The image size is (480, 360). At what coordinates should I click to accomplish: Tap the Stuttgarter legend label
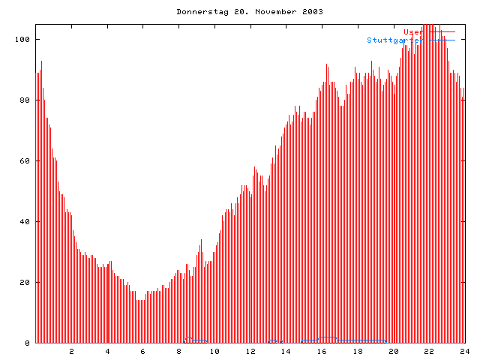pos(394,40)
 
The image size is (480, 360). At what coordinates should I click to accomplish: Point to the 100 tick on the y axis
pos(23,39)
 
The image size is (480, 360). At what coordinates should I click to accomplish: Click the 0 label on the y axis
pos(28,343)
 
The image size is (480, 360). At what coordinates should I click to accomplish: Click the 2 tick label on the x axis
pos(72,351)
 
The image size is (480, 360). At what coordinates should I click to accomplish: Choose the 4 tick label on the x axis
pos(107,351)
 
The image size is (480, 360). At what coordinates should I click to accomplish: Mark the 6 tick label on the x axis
pos(143,351)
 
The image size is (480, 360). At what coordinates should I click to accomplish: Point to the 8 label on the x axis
pos(179,351)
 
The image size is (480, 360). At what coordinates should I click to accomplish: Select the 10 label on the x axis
pos(214,351)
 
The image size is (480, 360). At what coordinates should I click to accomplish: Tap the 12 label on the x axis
pos(250,351)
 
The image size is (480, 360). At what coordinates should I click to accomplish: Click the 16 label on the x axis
pos(322,351)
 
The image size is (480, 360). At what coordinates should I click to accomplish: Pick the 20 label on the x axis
pos(393,351)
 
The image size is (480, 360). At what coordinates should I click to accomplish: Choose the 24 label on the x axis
pos(464,351)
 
